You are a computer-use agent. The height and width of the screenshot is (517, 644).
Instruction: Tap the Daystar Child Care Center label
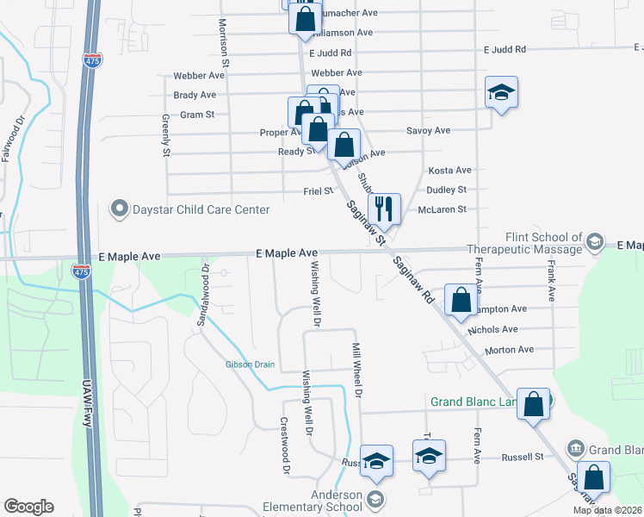(189, 209)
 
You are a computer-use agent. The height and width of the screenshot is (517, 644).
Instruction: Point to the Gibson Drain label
(250, 364)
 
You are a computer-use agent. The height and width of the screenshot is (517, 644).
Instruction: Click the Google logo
(28, 507)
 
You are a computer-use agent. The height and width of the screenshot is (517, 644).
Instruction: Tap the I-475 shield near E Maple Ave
(81, 271)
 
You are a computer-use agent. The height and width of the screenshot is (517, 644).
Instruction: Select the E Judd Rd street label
(505, 50)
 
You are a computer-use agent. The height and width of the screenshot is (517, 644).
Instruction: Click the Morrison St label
(223, 44)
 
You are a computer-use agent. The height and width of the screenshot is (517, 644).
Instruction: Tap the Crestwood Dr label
(284, 445)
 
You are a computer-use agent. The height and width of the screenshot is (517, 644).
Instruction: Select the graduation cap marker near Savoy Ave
(501, 93)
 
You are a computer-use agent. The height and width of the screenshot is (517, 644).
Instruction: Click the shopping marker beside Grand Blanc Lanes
(533, 403)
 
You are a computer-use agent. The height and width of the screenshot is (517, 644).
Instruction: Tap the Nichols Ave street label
(492, 329)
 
